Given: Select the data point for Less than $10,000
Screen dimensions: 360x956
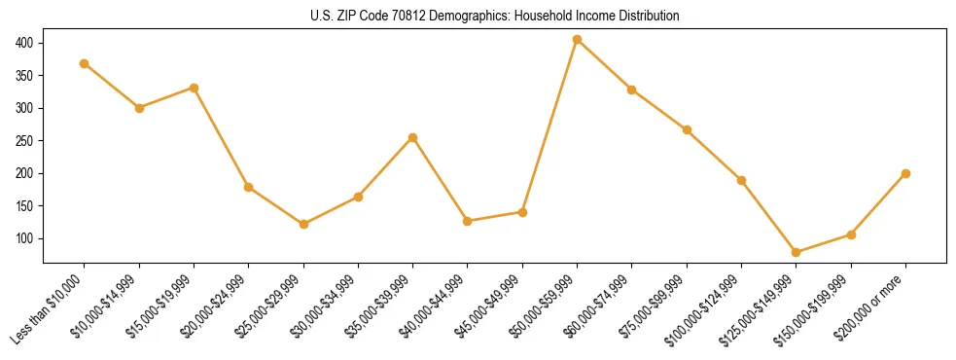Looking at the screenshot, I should coord(85,63).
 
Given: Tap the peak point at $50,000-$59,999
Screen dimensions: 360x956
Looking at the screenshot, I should coord(578,40).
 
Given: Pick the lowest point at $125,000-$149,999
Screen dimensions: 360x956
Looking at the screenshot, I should coord(797,252).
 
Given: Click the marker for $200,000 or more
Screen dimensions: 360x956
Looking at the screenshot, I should coord(905,173).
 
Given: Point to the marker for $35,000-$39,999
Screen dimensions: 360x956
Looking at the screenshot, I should coord(413,137).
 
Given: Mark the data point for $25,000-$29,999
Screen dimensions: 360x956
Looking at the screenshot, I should coord(303,224).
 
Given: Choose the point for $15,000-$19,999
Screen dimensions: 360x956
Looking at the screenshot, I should coord(194,88).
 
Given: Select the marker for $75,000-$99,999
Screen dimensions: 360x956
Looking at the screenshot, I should coord(687,129).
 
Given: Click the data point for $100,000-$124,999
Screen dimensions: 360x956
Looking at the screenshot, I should coord(742,180).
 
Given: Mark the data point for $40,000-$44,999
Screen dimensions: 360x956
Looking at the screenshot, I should coord(468,221).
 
